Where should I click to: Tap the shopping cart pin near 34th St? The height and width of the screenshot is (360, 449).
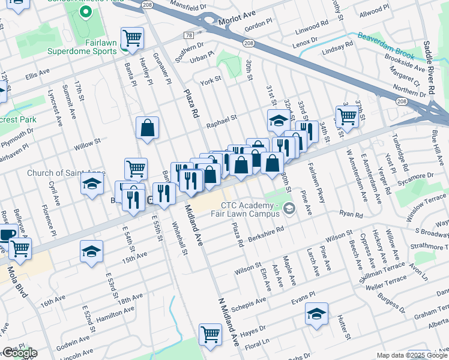(x=347, y=115)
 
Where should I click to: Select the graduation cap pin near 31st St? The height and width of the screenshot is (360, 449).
(x=279, y=121)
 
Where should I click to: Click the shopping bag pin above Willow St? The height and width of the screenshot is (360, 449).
(x=147, y=128)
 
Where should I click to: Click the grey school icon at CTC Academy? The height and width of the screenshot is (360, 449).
(x=290, y=208)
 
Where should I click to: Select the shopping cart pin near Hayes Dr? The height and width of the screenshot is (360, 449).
(x=210, y=334)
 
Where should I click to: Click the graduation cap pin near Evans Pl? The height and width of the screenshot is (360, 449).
(x=316, y=314)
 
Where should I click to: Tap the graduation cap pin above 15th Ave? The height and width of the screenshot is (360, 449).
(x=91, y=252)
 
